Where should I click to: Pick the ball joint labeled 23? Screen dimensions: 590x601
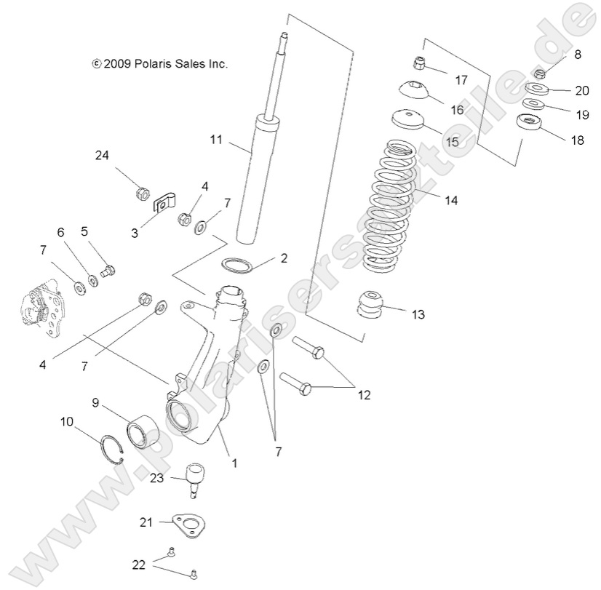(195, 477)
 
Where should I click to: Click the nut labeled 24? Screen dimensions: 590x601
(143, 194)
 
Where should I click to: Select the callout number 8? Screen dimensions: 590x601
(578, 55)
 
